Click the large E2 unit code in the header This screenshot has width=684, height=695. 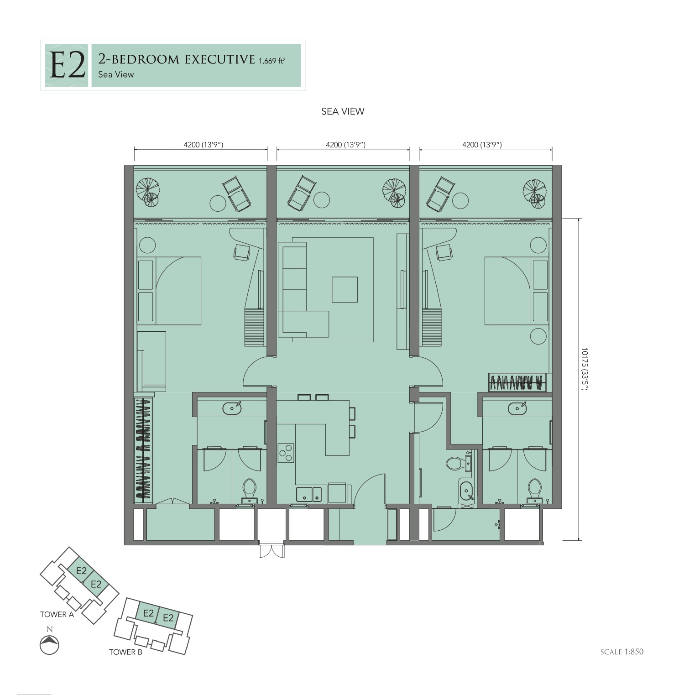click(x=67, y=66)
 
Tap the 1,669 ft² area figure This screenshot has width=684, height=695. click(x=272, y=61)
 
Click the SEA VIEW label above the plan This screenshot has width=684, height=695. click(x=343, y=111)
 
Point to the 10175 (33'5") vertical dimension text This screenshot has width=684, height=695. click(x=585, y=369)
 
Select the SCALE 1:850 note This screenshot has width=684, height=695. click(x=622, y=652)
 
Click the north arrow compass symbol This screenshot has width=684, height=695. click(x=49, y=645)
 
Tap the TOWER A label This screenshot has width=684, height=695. click(x=57, y=614)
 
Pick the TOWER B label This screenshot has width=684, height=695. click(x=125, y=652)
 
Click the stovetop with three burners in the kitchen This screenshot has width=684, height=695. click(x=286, y=453)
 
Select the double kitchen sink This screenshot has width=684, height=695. click(x=309, y=494)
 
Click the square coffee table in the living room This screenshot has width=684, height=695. click(x=345, y=289)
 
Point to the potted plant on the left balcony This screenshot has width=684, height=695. click(x=148, y=190)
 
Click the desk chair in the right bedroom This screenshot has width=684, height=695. click(x=444, y=252)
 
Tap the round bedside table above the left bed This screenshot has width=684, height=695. click(x=147, y=245)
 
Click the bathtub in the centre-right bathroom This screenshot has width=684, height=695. click(x=466, y=491)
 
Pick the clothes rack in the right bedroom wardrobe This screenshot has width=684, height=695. click(x=517, y=382)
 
